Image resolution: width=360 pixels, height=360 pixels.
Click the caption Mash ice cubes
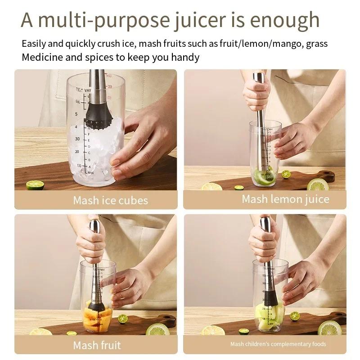pos(110,200)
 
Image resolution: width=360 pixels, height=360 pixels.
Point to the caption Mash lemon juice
pos(285,199)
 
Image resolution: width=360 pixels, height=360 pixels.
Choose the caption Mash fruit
pos(97,346)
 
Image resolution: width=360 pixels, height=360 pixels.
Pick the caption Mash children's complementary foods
pos(278,344)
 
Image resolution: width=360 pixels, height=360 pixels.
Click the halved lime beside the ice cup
pos(35,184)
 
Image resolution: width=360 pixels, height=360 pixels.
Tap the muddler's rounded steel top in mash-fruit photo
pos(94,225)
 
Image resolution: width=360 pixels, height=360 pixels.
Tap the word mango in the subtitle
pos(285,44)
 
